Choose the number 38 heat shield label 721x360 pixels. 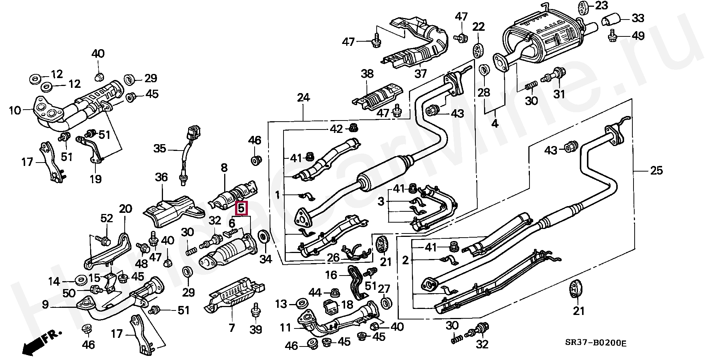(x=367, y=74)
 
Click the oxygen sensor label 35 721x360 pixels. (x=160, y=149)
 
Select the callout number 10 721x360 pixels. (x=15, y=110)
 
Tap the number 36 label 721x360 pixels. (x=161, y=177)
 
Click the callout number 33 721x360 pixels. (x=638, y=18)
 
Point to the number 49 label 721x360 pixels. (x=638, y=36)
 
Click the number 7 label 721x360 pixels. (x=232, y=328)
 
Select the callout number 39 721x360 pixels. (x=256, y=330)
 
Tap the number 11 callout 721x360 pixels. (x=285, y=328)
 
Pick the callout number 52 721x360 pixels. (x=107, y=218)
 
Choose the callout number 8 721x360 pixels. (x=224, y=168)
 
